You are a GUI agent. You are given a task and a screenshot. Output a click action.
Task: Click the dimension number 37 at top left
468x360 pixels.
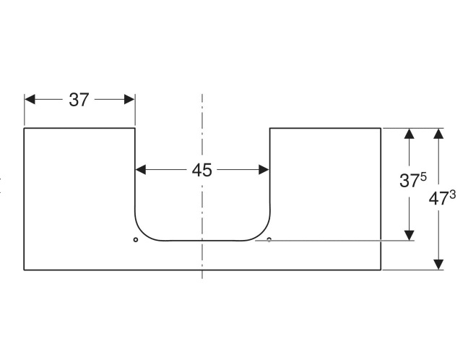(79, 100)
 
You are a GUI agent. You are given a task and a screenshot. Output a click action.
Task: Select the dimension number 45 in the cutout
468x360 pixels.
(201, 170)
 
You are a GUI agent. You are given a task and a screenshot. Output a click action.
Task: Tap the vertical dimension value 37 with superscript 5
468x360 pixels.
(413, 180)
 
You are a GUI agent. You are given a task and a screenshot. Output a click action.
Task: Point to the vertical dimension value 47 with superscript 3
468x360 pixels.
(442, 198)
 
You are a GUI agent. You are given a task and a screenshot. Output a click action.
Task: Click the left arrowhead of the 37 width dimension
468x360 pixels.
(30, 100)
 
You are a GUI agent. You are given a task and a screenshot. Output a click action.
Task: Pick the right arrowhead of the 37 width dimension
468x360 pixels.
(129, 100)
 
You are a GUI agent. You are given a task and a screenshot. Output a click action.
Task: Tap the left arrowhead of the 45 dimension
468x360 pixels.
(141, 170)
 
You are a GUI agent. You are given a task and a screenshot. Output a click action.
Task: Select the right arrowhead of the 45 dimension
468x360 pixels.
(264, 170)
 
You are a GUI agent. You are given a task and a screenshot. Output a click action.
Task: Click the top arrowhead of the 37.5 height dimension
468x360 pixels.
(409, 134)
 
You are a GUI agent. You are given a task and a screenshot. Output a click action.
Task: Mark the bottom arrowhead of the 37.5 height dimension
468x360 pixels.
(409, 236)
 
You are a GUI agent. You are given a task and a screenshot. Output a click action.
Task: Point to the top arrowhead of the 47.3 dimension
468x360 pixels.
(438, 134)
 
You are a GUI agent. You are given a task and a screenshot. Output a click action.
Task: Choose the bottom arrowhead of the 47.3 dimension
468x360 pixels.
(438, 265)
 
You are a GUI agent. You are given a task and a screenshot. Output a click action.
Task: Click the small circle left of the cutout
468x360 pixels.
(136, 239)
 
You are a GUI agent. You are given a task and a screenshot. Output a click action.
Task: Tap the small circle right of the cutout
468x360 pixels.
(269, 239)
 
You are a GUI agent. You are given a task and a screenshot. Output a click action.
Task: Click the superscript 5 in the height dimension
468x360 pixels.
(423, 177)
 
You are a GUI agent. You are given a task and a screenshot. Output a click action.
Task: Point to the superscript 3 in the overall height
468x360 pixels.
(453, 194)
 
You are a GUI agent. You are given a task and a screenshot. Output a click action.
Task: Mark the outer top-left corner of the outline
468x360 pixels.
(24, 128)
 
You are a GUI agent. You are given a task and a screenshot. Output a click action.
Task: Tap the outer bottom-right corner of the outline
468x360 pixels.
(381, 270)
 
